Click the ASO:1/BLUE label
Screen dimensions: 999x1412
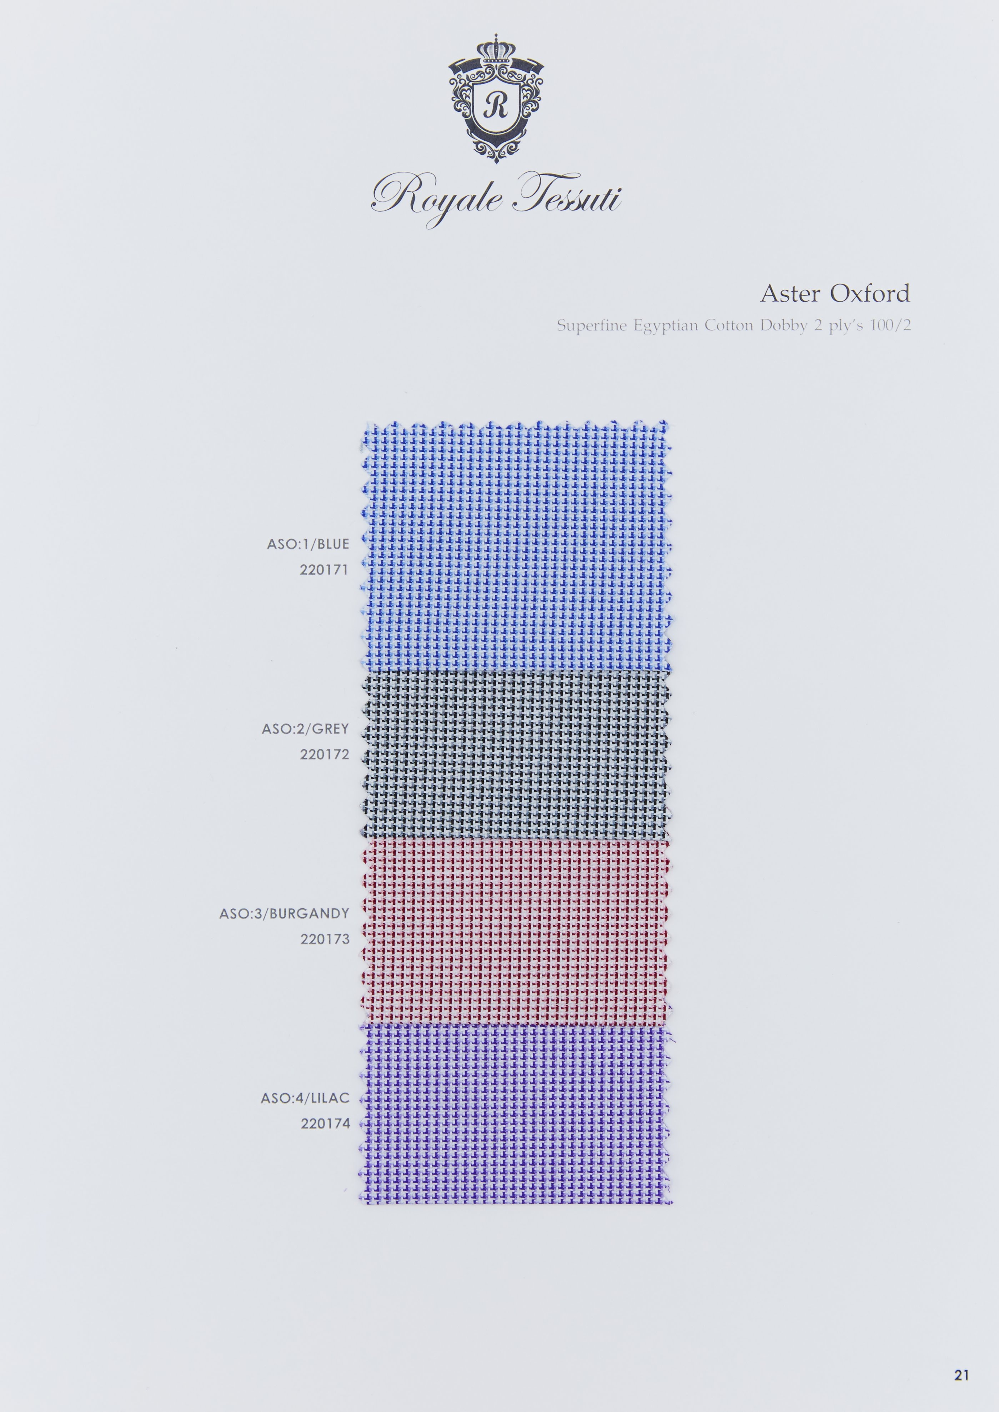pos(307,544)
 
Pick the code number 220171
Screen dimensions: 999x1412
pos(324,570)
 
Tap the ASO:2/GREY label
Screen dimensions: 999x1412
pos(305,729)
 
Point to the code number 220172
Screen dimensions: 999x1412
pos(324,755)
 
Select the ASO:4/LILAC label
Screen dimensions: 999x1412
pos(305,1098)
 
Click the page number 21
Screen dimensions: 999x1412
pos(962,1375)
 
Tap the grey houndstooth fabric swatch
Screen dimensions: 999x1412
pos(516,755)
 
